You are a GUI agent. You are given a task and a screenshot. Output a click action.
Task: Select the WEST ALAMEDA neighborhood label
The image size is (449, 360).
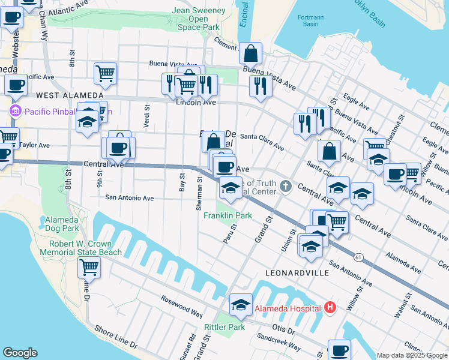point(69,95)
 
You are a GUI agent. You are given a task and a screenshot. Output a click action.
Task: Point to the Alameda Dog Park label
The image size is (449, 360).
point(62,224)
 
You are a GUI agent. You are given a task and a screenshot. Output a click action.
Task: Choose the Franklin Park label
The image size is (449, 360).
point(228,215)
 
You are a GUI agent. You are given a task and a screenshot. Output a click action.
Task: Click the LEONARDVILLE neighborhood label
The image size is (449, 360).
point(297,272)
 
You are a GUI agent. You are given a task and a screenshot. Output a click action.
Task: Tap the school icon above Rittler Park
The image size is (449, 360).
point(241,305)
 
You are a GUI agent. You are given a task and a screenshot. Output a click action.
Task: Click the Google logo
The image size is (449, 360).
point(20,353)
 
